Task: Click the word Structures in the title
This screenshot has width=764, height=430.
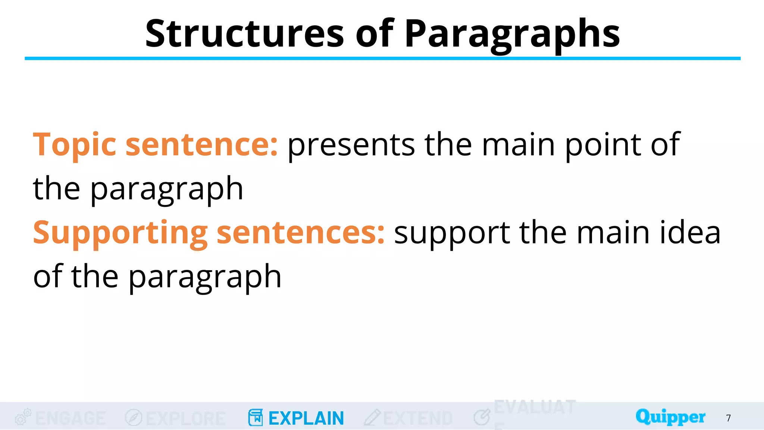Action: pos(244,34)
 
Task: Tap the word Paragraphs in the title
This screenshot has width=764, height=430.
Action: pos(512,34)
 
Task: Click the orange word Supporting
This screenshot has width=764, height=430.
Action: pos(120,233)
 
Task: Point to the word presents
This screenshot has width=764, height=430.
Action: pos(351,146)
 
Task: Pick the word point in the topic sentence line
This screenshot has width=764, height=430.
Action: pos(603,146)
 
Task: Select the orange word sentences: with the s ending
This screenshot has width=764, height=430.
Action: pos(300,233)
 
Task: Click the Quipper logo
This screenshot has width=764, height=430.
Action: pos(670,417)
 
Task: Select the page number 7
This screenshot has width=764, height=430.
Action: pos(728,418)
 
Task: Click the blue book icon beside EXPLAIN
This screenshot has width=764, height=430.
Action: pos(256,418)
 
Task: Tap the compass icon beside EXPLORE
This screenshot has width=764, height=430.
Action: pos(134,418)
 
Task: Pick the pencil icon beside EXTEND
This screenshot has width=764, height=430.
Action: pos(372,418)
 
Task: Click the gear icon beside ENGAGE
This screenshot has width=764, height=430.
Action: pos(23,417)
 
